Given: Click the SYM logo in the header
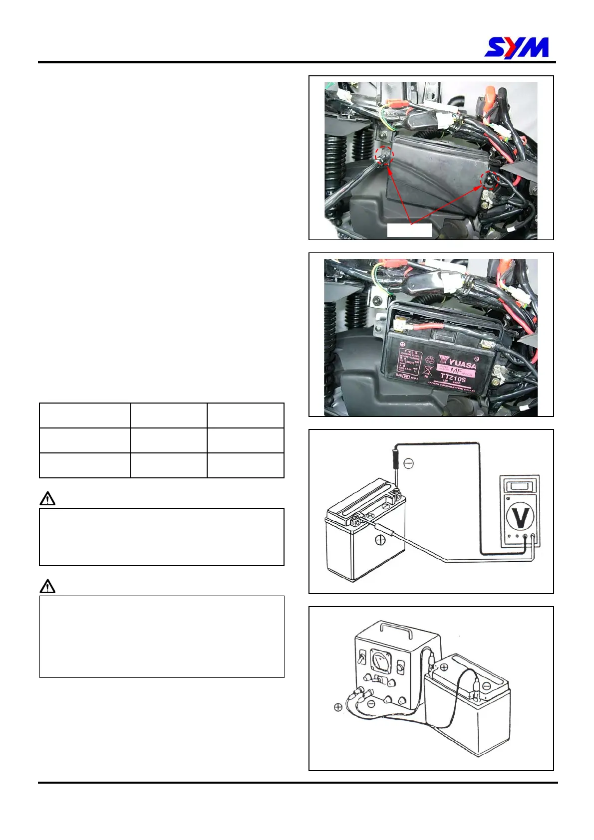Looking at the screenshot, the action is coord(517,48).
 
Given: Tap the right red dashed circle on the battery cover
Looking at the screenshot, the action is coord(489,181).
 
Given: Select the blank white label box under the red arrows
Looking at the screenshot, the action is coord(409,230).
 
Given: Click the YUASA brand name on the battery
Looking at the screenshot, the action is coord(457,361).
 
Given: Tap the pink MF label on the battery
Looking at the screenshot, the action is coord(455,371).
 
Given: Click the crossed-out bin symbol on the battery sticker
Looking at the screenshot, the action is coord(427,371).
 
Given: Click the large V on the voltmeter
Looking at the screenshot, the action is coord(521,518).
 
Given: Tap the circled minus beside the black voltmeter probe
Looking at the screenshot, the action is coord(408,464).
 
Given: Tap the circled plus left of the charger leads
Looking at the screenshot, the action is coord(338,707).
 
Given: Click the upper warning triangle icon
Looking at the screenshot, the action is coord(47,499).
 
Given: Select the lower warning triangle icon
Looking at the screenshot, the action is coord(47,586).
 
